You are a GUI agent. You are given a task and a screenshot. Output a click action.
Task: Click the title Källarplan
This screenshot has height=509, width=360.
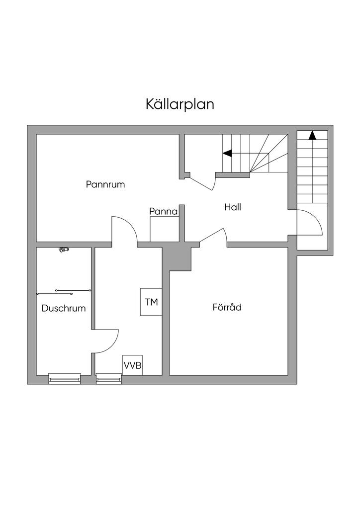[180, 104]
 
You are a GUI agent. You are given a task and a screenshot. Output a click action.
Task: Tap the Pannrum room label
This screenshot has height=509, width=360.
[105, 184]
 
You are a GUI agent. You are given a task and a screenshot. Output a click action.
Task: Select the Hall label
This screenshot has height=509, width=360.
[232, 207]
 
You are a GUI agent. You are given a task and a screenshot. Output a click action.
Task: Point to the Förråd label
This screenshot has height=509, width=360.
[227, 307]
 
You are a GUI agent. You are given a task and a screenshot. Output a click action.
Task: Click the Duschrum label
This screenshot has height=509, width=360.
[64, 308]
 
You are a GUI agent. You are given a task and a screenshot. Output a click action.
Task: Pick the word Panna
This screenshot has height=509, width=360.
[164, 211]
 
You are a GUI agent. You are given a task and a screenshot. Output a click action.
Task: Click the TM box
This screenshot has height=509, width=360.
[151, 302]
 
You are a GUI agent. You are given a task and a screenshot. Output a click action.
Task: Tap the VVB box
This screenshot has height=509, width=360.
[132, 366]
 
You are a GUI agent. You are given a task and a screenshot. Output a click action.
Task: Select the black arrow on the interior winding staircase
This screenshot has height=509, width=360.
[227, 153]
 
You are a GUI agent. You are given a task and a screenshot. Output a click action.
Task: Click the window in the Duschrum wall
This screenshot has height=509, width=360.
[64, 379]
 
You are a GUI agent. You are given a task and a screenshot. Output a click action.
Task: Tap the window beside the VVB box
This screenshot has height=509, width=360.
[108, 379]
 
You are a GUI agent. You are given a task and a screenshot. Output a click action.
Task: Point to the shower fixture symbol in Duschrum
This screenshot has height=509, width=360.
[63, 250]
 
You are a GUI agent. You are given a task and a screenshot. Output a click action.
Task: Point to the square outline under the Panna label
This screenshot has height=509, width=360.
[164, 229]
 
